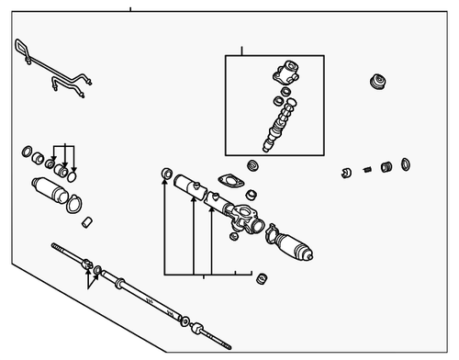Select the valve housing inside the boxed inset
click(x=287, y=72)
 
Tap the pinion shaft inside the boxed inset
click(x=279, y=124)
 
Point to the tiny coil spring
click(x=367, y=168)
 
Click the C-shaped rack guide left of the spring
click(x=347, y=172)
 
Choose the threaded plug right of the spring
click(x=386, y=166)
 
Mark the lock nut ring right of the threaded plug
click(x=405, y=164)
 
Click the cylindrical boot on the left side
click(x=51, y=193)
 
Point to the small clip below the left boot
click(x=87, y=221)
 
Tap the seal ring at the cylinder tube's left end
click(x=166, y=174)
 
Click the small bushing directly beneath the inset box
click(x=253, y=165)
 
